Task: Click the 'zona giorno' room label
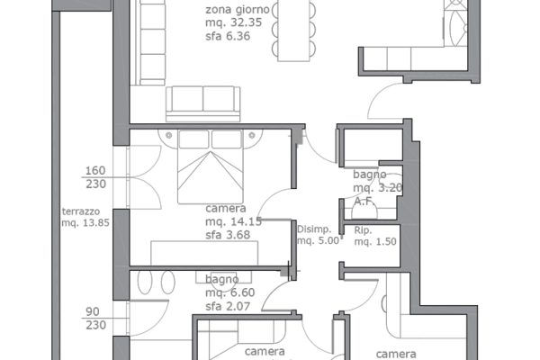click(x=238, y=10)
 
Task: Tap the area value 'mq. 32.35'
click(x=233, y=22)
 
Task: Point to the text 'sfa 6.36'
click(x=228, y=36)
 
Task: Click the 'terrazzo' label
click(x=81, y=211)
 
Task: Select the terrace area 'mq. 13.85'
click(x=85, y=222)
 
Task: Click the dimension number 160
click(x=95, y=170)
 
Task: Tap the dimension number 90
click(x=93, y=311)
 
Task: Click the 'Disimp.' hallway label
click(x=314, y=229)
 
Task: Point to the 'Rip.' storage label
click(x=363, y=230)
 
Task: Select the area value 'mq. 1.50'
click(x=375, y=241)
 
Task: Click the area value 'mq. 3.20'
click(x=378, y=188)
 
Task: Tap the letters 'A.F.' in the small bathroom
click(x=364, y=202)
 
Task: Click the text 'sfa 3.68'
click(x=228, y=235)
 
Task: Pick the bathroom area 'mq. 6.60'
click(x=230, y=292)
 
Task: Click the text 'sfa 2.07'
click(x=228, y=306)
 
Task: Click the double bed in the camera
click(x=211, y=166)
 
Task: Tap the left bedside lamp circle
click(x=169, y=135)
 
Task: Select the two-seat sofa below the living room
click(x=202, y=103)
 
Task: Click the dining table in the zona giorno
click(x=293, y=31)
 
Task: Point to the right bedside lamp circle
click(x=252, y=135)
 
